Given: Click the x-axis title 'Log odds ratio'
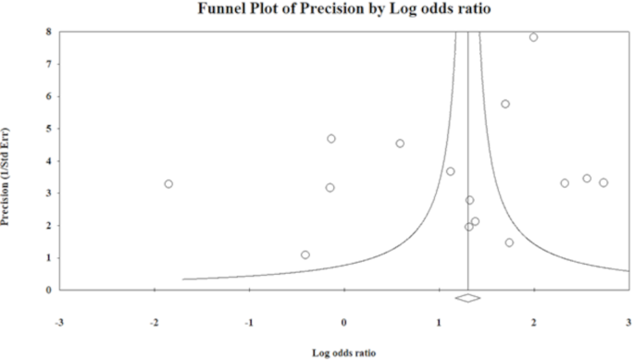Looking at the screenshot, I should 344,352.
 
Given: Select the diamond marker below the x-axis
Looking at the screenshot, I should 468,298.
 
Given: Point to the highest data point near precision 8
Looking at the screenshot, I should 534,37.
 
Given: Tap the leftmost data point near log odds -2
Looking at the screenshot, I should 168,184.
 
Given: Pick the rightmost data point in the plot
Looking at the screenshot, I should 603,182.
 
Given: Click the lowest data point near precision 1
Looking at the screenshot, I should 305,254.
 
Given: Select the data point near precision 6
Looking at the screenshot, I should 505,104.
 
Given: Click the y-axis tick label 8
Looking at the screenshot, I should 49,31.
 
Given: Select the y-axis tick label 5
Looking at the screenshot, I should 49,129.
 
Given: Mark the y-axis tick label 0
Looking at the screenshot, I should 49,290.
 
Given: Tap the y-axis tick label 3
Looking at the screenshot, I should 49,193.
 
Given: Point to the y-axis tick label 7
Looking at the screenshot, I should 49,64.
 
